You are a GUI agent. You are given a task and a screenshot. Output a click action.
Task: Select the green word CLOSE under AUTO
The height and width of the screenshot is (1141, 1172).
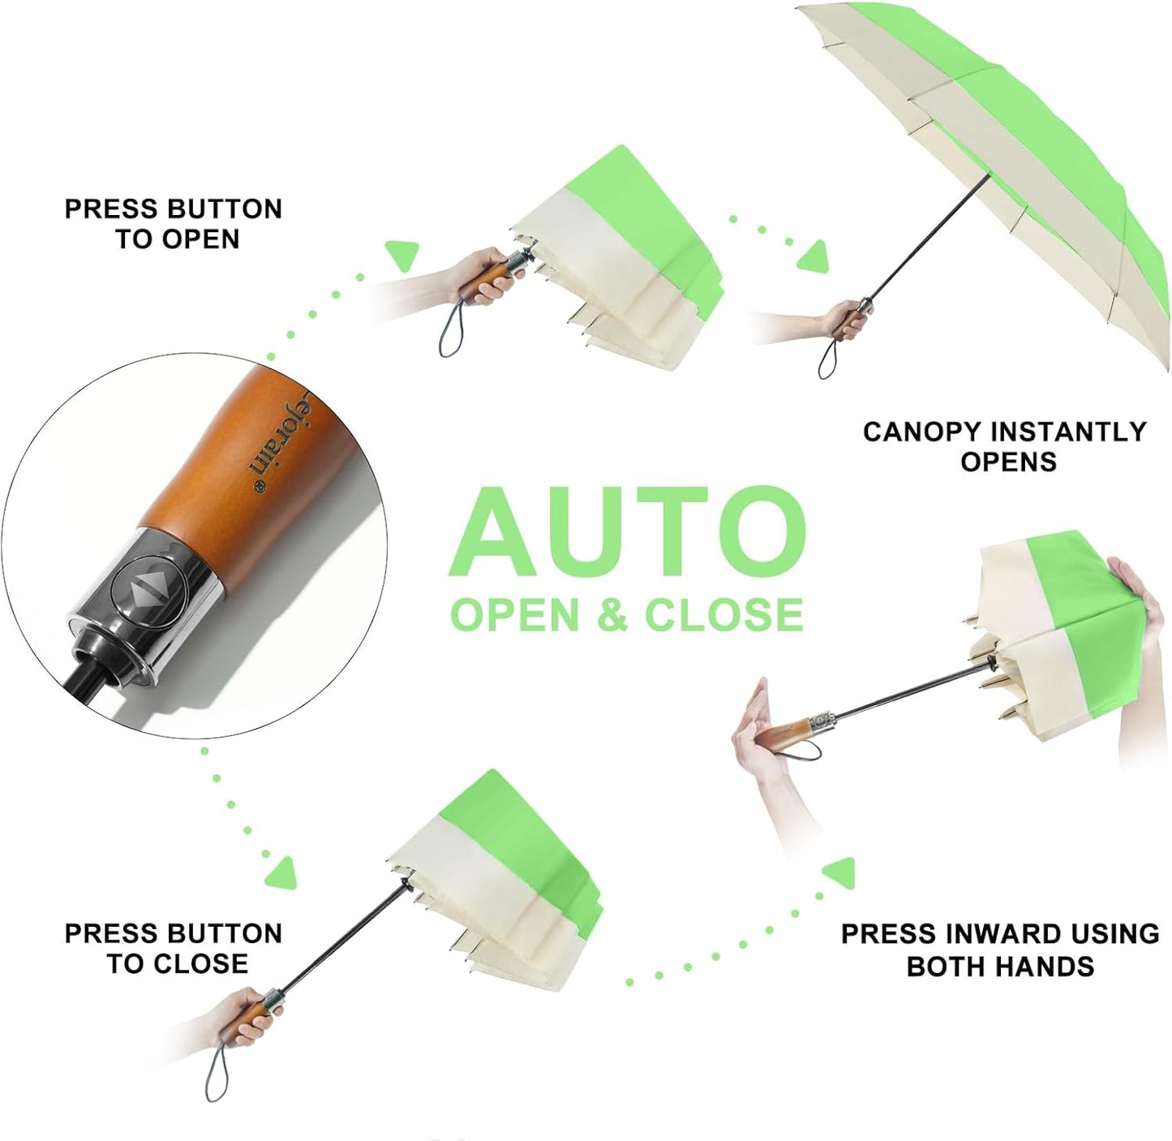click(724, 615)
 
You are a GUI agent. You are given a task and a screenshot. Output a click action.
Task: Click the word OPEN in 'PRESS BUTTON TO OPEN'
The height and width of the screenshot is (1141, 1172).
click(202, 239)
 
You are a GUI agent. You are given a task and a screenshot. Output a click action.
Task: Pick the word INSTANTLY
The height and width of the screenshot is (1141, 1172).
click(1066, 433)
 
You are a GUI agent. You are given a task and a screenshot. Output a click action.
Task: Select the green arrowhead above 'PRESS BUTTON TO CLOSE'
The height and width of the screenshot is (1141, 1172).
click(282, 872)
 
